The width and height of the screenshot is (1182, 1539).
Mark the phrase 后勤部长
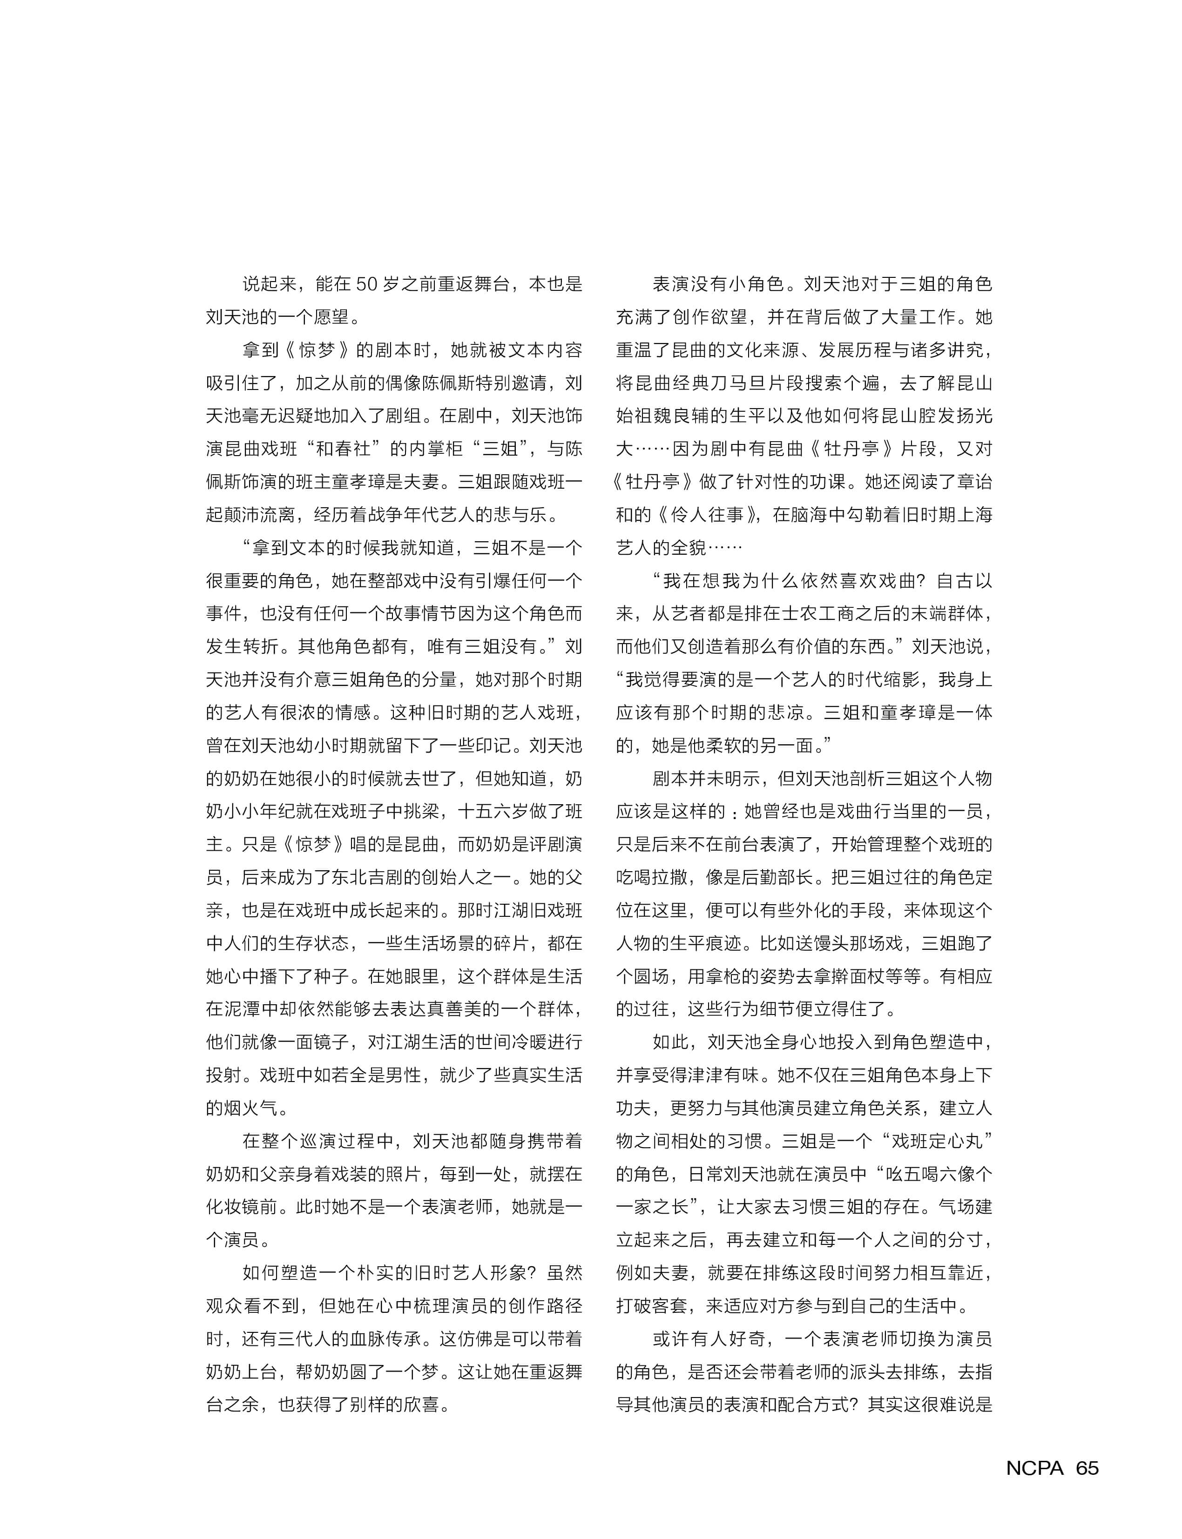coord(768,877)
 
